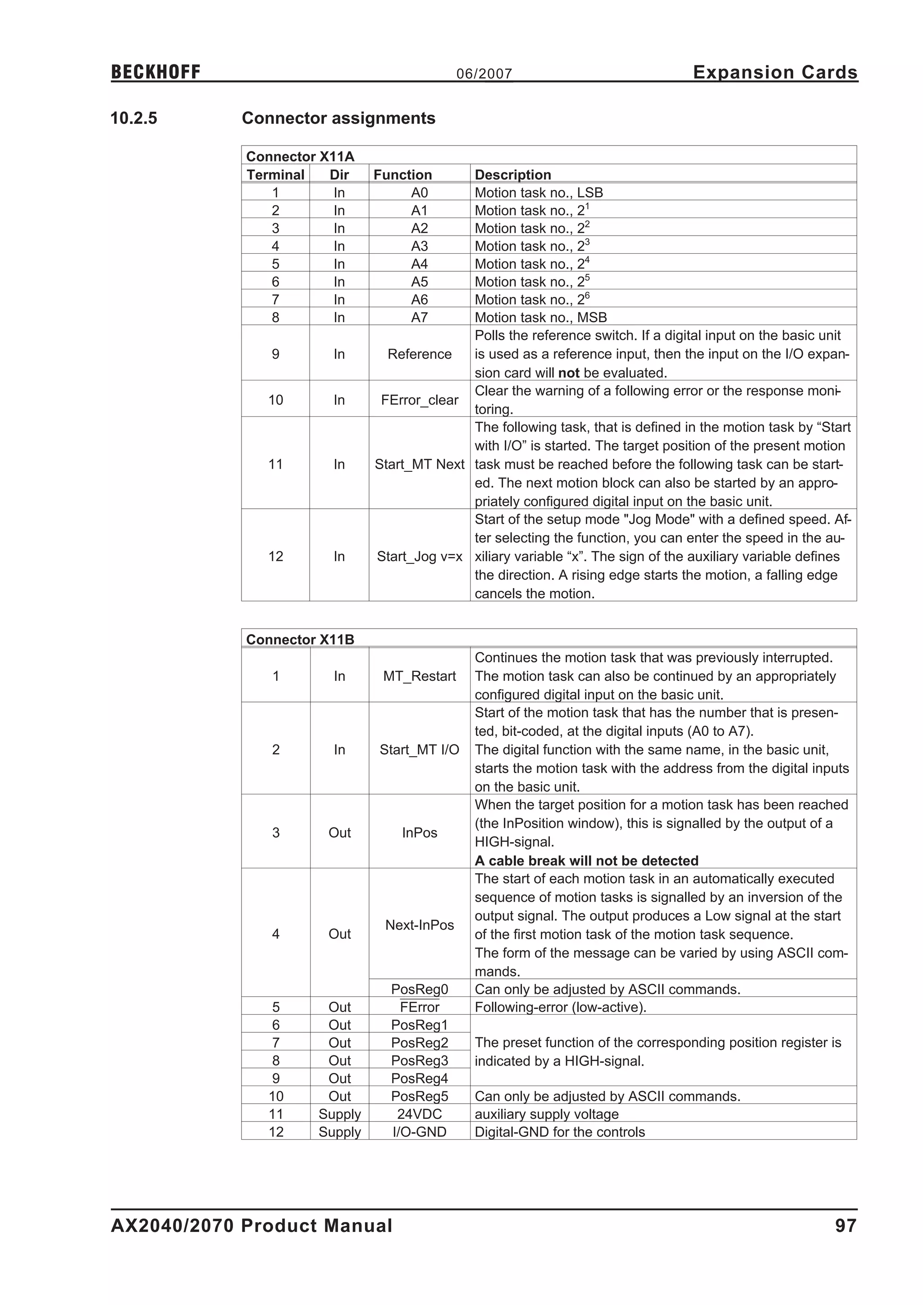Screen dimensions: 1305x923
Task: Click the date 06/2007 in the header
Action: coord(484,74)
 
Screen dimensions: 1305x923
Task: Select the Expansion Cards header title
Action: coord(775,72)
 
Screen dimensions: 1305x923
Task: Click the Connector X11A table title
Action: coord(300,156)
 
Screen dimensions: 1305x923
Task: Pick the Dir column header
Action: coord(339,174)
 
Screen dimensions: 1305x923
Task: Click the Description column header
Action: coord(512,174)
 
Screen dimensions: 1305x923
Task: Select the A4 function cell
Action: coord(420,264)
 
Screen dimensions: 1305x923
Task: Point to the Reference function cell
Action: coord(420,354)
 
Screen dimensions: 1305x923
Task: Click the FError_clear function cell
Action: coord(420,400)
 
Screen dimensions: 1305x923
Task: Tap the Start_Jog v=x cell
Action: coord(420,557)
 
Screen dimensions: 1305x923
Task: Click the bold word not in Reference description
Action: coord(568,373)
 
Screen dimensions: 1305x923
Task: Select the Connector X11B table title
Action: coord(300,639)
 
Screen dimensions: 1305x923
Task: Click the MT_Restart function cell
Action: coord(420,676)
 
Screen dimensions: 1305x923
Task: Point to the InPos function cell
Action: coord(420,833)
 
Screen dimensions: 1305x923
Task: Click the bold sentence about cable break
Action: coord(586,861)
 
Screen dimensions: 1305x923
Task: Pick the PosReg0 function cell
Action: coord(420,990)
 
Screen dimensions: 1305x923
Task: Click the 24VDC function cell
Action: coord(420,1114)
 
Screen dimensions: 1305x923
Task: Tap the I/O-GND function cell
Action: coord(420,1132)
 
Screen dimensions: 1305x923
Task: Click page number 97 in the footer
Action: coord(845,1225)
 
